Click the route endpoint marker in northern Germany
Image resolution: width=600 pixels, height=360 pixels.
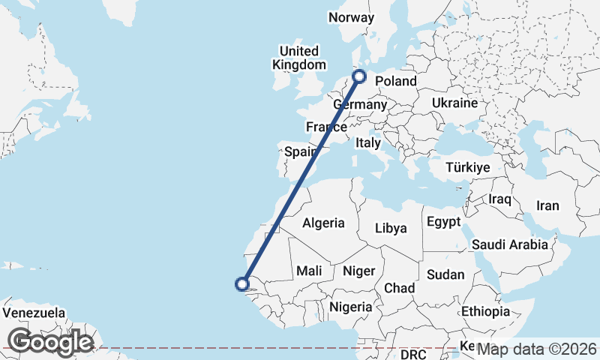click(359, 76)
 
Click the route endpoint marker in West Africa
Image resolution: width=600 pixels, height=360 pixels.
click(241, 283)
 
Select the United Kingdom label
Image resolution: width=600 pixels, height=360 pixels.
click(298, 58)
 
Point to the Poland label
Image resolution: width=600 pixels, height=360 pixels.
click(395, 81)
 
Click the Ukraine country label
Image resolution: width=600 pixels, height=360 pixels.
click(454, 103)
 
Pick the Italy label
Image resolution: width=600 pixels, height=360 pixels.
click(368, 142)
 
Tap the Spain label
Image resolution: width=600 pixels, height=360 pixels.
click(298, 151)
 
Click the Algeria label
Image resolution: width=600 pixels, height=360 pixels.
click(323, 223)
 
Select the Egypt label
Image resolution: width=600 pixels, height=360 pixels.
click(442, 222)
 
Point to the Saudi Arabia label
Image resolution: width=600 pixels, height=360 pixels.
click(513, 244)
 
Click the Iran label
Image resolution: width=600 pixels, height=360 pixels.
click(547, 205)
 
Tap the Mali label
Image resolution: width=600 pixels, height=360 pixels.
click(309, 271)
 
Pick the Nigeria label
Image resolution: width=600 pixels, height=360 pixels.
click(351, 306)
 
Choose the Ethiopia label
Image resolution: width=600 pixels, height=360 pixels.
click(485, 310)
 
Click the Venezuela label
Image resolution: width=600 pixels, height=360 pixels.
click(34, 313)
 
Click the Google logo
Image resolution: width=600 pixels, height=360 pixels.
click(50, 342)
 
